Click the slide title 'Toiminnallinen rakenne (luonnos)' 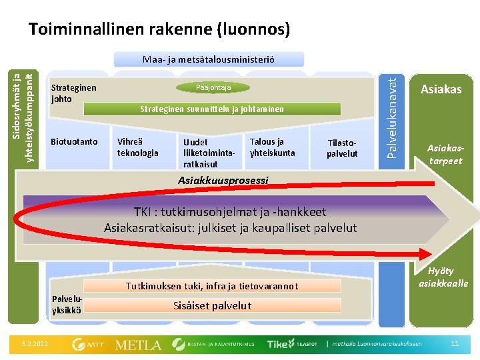click(x=159, y=29)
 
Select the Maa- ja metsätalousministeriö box click(x=209, y=60)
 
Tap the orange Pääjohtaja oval click(x=214, y=87)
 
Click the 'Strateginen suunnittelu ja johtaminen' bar click(x=211, y=109)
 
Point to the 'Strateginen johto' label click(x=73, y=93)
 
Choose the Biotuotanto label click(x=74, y=141)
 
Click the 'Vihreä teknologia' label click(x=137, y=147)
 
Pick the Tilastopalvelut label click(x=342, y=148)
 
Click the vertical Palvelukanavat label click(x=395, y=116)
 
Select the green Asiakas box click(x=441, y=89)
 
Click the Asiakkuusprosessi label click(x=223, y=180)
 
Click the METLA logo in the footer click(x=138, y=345)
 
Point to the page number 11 click(x=455, y=344)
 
